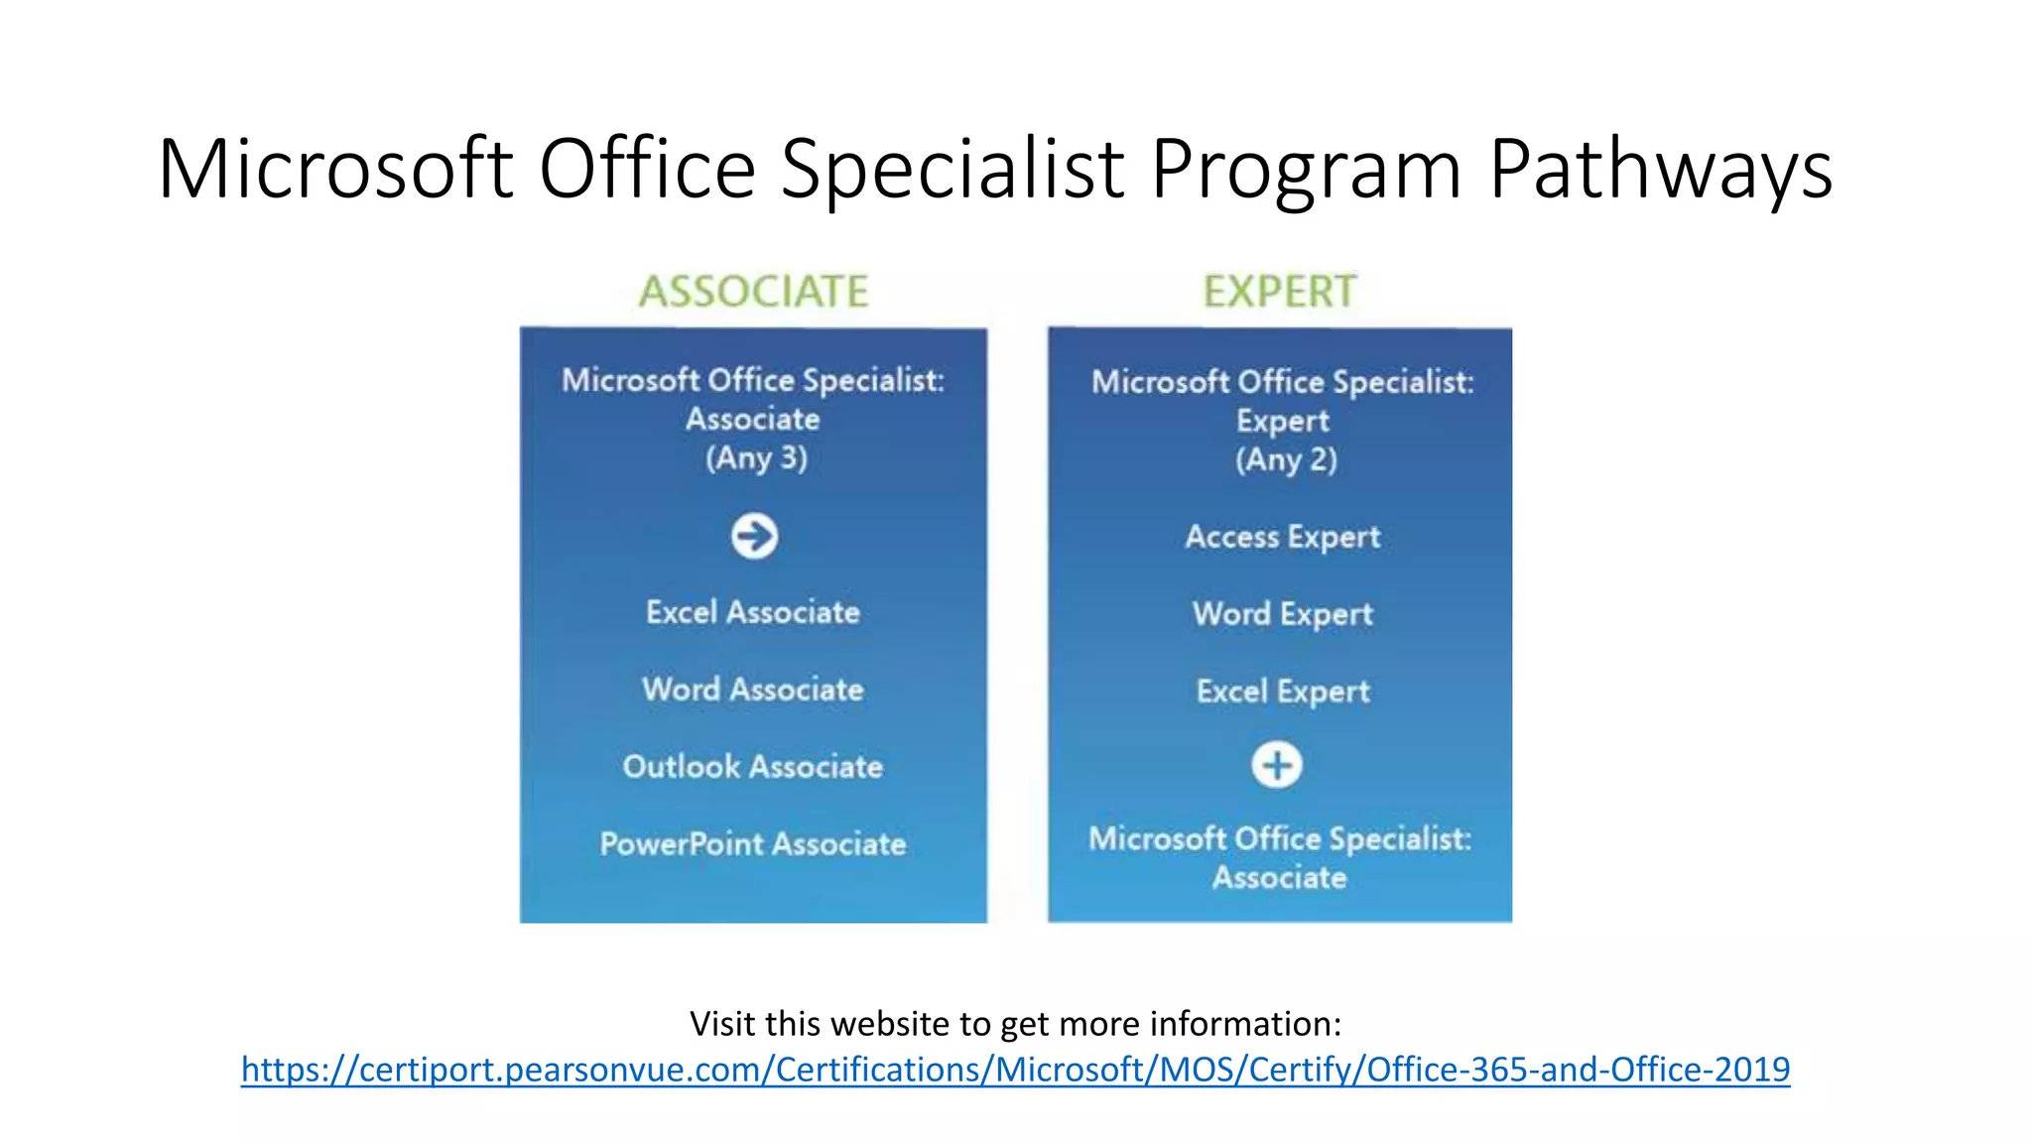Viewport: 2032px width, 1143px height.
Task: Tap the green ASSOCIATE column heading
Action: pyautogui.click(x=753, y=292)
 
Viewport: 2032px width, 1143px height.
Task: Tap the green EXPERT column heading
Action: pyautogui.click(x=1280, y=292)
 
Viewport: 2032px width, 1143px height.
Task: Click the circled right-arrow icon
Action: pyautogui.click(x=754, y=536)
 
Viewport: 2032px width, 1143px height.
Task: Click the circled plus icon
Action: pyautogui.click(x=1277, y=765)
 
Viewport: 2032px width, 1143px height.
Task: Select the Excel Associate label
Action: pyautogui.click(x=753, y=612)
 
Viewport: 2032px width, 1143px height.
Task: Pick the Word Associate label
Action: pyautogui.click(x=753, y=690)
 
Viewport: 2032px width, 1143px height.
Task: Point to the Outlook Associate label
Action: pyautogui.click(x=753, y=767)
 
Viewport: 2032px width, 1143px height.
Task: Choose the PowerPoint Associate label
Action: pyautogui.click(x=753, y=844)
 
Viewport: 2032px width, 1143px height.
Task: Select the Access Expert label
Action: pyautogui.click(x=1282, y=537)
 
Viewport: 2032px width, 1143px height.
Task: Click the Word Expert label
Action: pyautogui.click(x=1282, y=614)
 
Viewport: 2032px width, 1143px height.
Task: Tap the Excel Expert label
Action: pyautogui.click(x=1282, y=692)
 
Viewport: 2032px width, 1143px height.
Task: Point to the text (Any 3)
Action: pyautogui.click(x=756, y=458)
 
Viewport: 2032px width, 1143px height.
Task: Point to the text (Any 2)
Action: pyautogui.click(x=1286, y=460)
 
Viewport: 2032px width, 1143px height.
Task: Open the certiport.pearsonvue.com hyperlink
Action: pyautogui.click(x=1015, y=1070)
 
